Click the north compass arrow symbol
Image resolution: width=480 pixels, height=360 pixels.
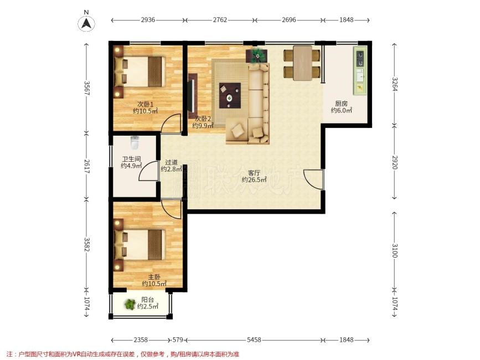point(86,23)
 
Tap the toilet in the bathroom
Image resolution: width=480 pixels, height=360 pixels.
point(135,143)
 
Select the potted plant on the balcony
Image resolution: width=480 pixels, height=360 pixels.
point(130,304)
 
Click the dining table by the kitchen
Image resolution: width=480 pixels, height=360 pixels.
point(302,63)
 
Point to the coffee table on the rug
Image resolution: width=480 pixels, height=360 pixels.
point(230,95)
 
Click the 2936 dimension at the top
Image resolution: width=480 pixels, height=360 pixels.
point(148,20)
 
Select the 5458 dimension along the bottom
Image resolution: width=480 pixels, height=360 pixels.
point(254,340)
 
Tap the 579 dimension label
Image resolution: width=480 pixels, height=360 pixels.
point(178,340)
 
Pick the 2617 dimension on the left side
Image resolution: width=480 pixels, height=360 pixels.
point(87,167)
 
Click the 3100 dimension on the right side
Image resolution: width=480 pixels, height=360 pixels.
point(395,251)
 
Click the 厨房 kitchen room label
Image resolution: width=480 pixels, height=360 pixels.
point(341,104)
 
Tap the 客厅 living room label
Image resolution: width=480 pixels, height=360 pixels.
point(254,173)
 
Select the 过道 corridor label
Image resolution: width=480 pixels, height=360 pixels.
point(172,162)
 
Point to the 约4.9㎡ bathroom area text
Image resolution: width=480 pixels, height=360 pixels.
point(131,166)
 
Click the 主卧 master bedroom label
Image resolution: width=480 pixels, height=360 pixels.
point(154,277)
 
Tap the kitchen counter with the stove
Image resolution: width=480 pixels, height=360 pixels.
point(360,71)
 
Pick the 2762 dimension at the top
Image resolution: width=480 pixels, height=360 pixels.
point(220,20)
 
